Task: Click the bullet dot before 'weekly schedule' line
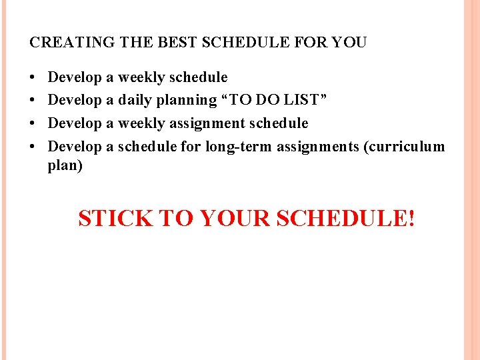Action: pyautogui.click(x=33, y=78)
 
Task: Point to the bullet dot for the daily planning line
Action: pyautogui.click(x=33, y=101)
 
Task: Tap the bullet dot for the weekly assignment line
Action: pyautogui.click(x=33, y=123)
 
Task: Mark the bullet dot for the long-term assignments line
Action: pyautogui.click(x=33, y=146)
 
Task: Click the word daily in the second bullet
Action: pyautogui.click(x=135, y=101)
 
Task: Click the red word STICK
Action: pyautogui.click(x=115, y=219)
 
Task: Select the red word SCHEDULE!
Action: pyautogui.click(x=345, y=219)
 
